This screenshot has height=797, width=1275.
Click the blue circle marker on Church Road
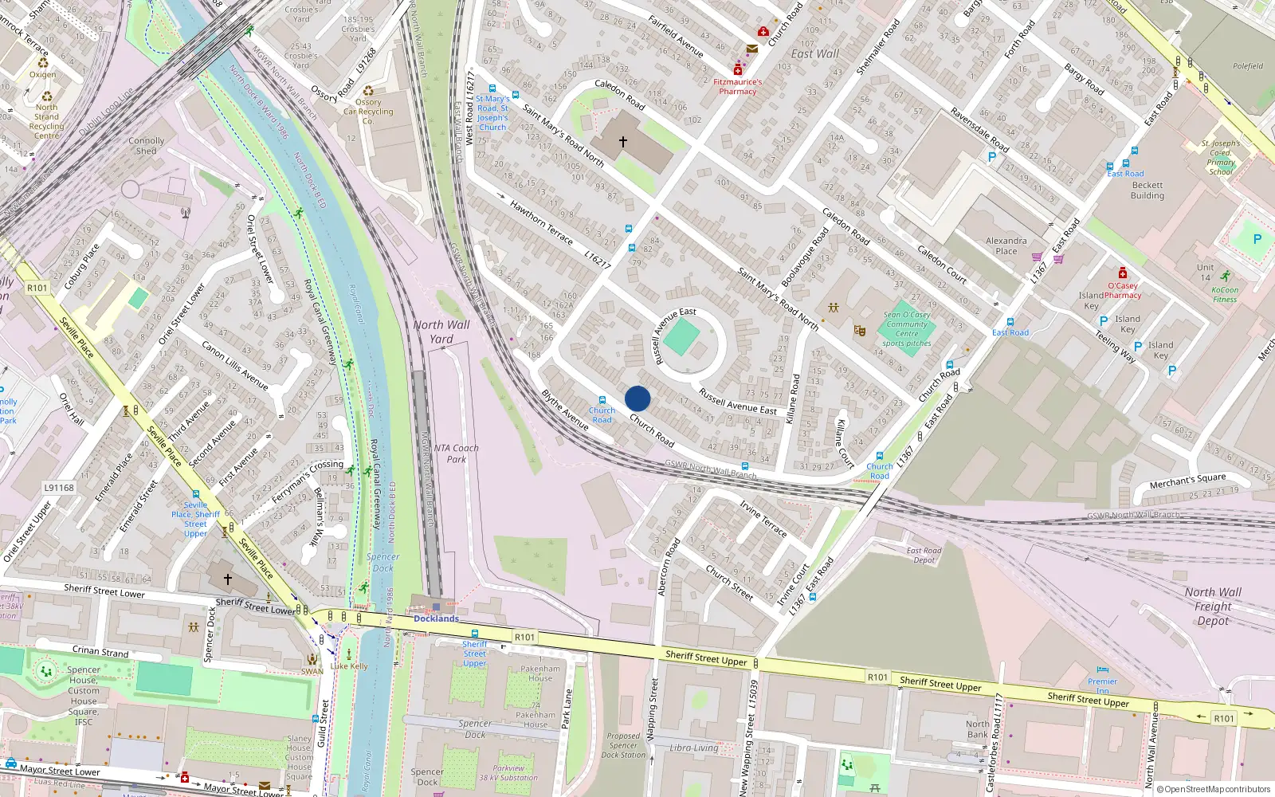coord(637,398)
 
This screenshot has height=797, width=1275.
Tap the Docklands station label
coord(436,618)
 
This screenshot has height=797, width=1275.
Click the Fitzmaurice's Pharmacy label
coord(737,86)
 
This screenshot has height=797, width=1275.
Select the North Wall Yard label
coord(441,332)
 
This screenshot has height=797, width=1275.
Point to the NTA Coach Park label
coord(456,453)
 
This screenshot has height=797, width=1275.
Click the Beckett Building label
coord(1147,190)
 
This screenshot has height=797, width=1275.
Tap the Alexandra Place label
coord(1006,245)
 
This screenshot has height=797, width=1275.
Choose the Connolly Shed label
coord(147,146)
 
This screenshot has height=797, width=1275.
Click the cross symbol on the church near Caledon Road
coord(623,142)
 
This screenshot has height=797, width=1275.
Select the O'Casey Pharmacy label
coord(1123,290)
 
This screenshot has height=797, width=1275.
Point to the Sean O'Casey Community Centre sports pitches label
coord(907,328)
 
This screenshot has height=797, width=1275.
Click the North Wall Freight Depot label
coord(1213,607)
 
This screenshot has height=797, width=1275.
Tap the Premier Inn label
coord(1102,685)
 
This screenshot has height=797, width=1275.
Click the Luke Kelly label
coord(349,666)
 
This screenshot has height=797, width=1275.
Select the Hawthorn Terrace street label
coord(541,222)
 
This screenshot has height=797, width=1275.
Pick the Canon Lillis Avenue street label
coord(234,366)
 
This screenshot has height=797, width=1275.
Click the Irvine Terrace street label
coord(763,519)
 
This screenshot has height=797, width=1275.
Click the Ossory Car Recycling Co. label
coord(368,112)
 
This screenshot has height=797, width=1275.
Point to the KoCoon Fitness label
coord(1225,294)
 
